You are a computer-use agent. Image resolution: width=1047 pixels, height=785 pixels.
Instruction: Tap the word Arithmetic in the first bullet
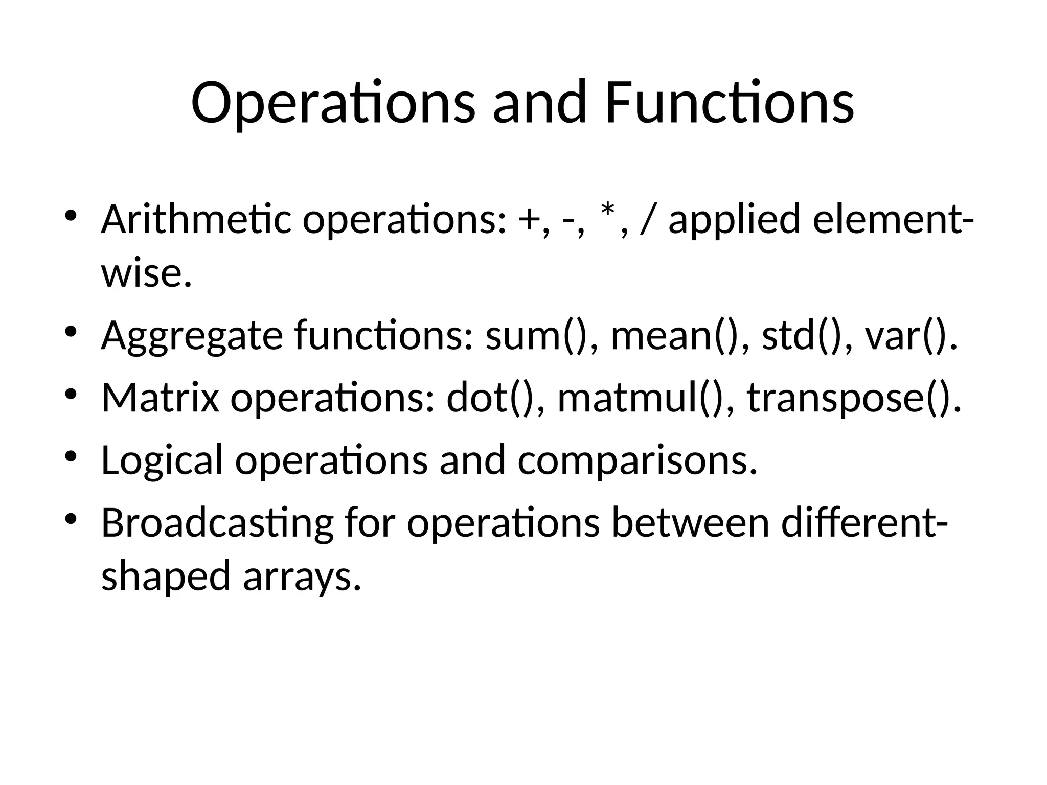tap(196, 220)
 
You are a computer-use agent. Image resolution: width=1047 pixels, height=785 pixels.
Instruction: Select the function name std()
tap(801, 336)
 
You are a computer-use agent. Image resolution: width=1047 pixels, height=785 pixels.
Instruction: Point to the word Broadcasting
tap(217, 524)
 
